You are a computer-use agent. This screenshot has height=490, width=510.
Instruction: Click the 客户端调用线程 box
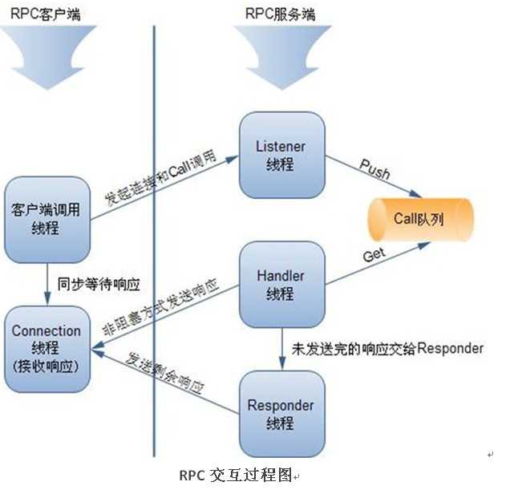point(47,217)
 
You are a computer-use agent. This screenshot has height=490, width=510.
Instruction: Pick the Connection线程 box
point(47,347)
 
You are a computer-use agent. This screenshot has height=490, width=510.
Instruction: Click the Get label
point(374,256)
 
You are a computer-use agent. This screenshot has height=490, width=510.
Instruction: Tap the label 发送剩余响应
point(164,375)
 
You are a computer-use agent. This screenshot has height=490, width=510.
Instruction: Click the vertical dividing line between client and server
point(153,241)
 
